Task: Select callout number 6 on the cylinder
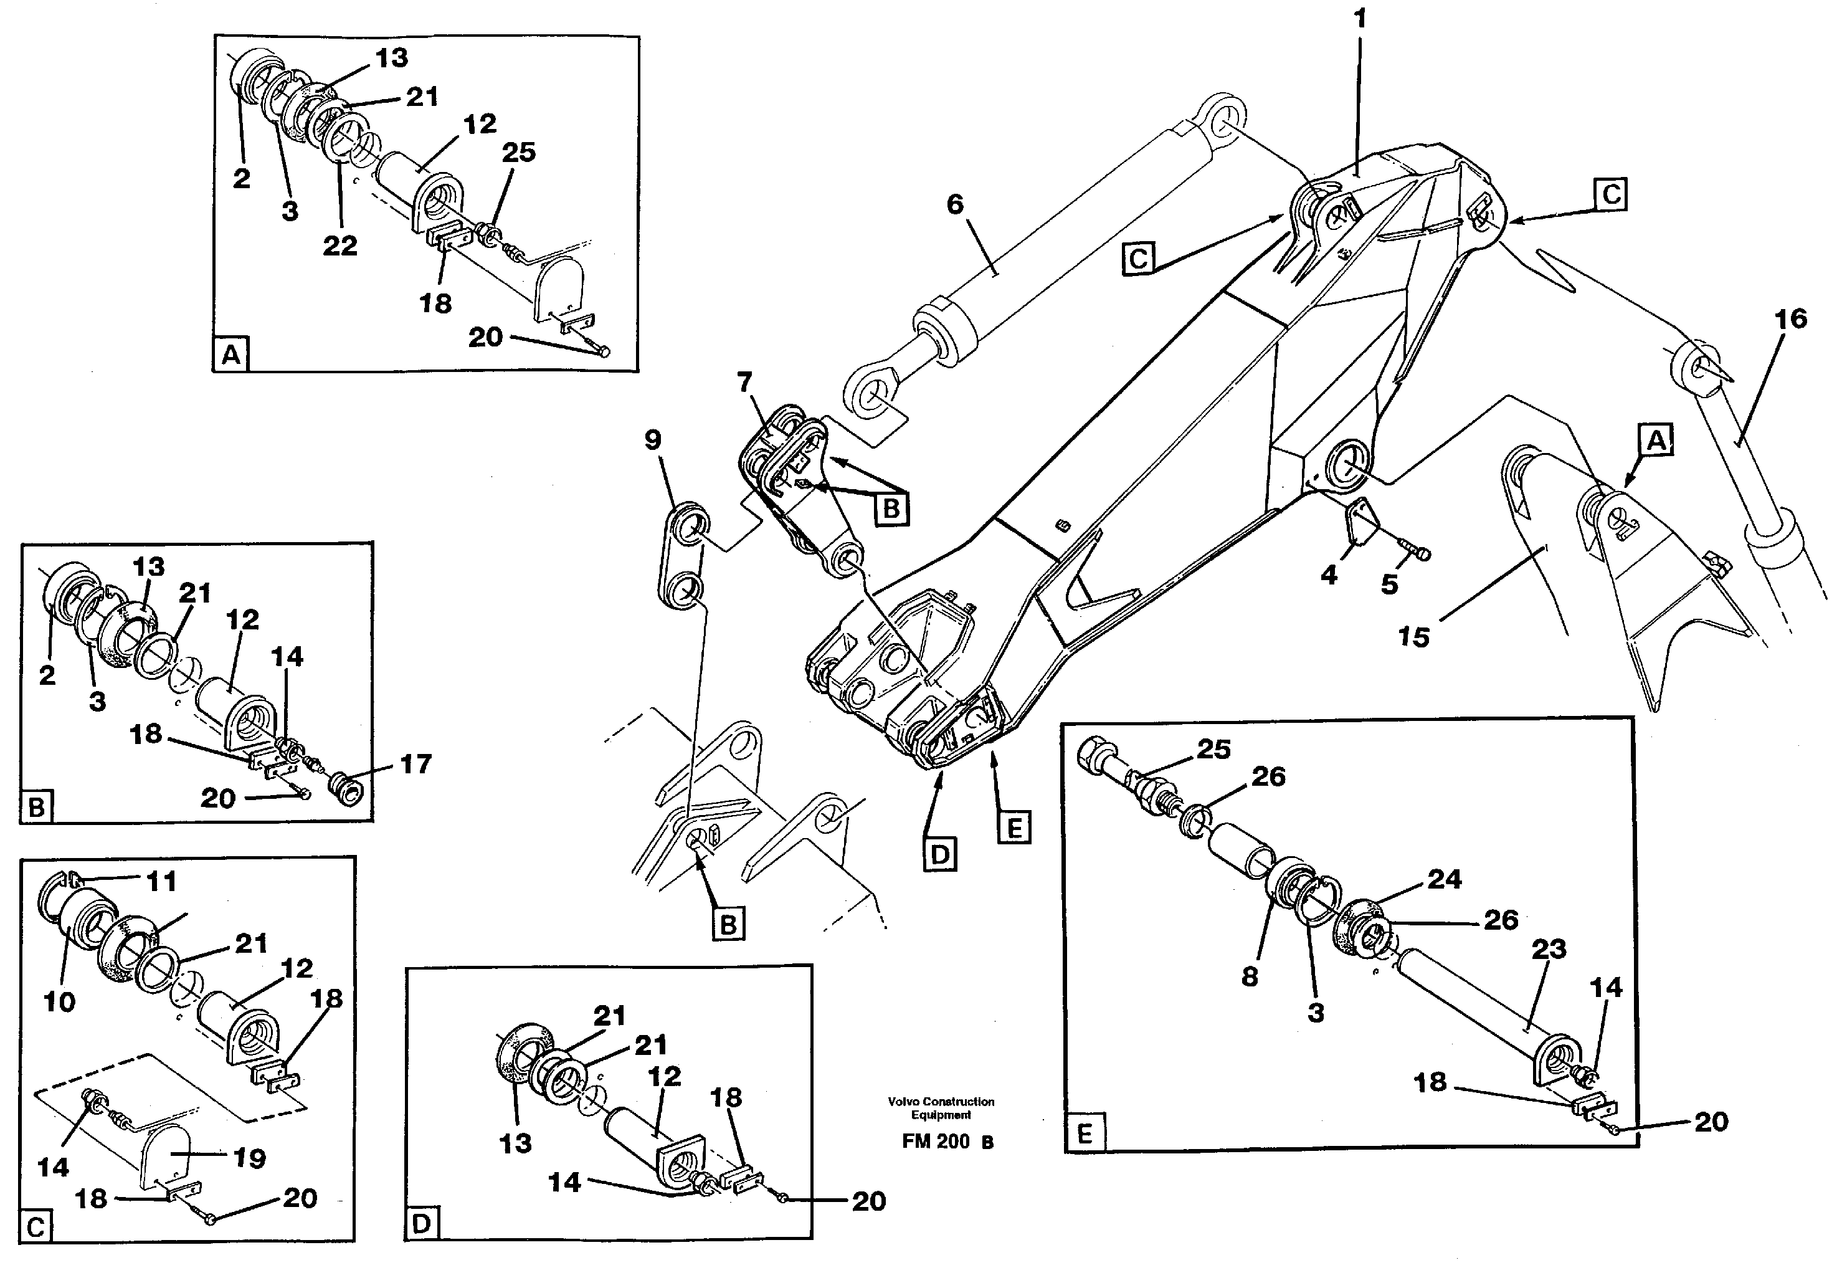955,204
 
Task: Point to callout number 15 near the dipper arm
1413,637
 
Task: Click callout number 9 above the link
653,440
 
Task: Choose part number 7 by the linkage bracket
744,382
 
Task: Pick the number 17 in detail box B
415,764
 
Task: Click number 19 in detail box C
249,1158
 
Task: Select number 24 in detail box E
1444,879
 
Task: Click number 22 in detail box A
339,246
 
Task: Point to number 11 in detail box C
161,882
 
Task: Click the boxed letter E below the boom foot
1014,828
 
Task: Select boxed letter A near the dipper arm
1656,441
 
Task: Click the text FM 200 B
947,1141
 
